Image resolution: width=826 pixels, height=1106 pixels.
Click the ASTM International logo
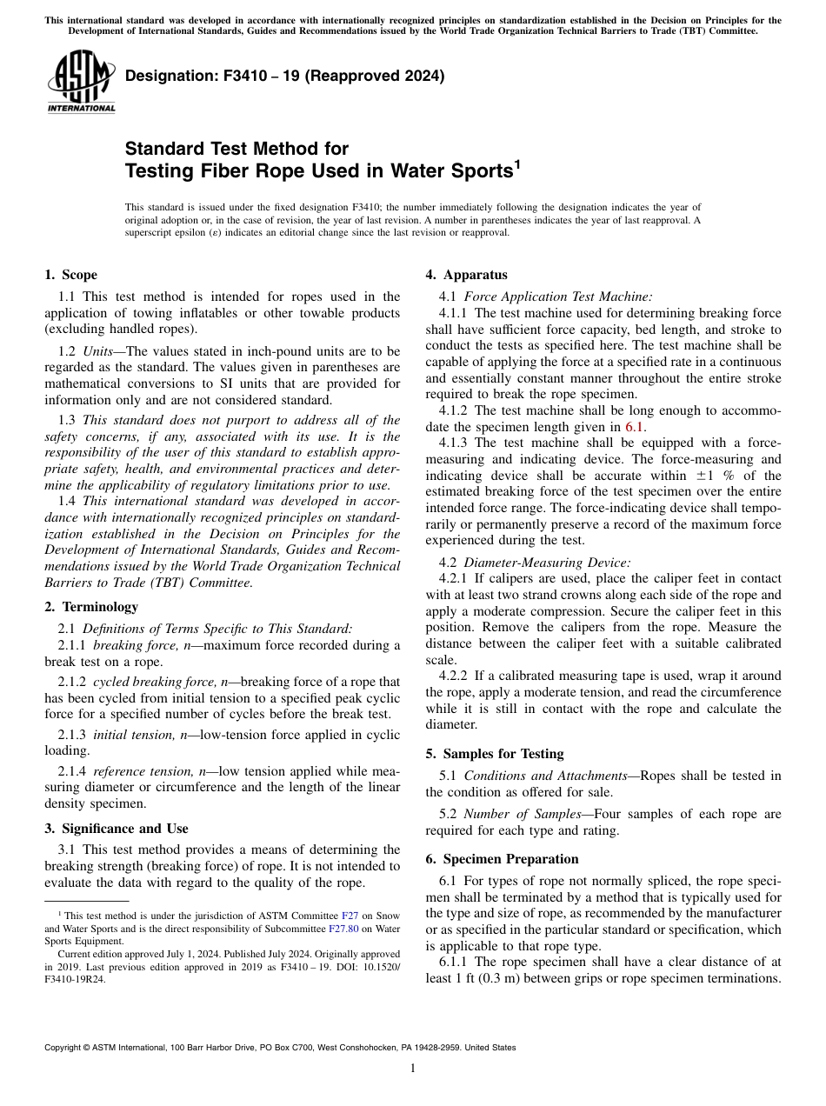click(x=81, y=81)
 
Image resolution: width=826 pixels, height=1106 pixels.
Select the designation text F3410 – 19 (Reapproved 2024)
click(x=285, y=76)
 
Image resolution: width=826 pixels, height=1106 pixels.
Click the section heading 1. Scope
click(x=70, y=275)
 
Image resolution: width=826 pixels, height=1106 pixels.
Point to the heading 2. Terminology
click(x=91, y=606)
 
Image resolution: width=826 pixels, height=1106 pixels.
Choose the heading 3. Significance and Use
click(x=117, y=828)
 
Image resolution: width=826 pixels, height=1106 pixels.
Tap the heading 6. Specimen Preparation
click(x=502, y=858)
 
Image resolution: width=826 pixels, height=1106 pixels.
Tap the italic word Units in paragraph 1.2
click(x=100, y=351)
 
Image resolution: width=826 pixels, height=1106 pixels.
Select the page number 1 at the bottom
click(x=412, y=1068)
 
